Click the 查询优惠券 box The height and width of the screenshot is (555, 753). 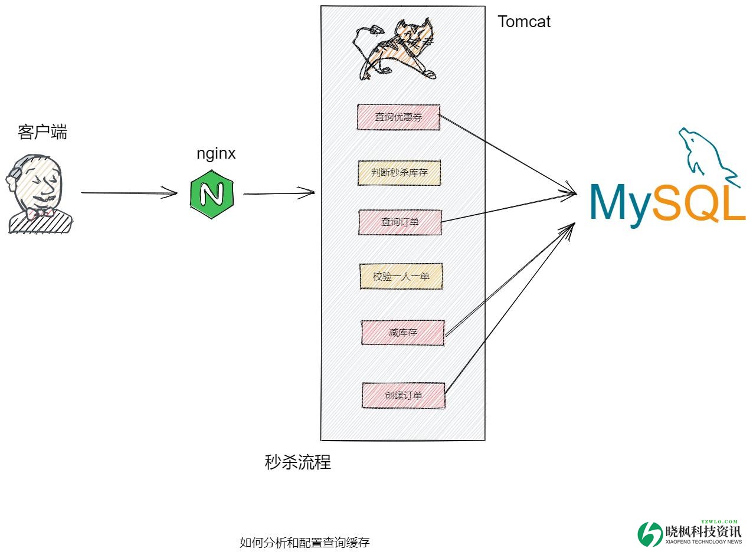point(398,117)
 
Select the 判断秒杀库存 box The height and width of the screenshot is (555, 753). point(400,173)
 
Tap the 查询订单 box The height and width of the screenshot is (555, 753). point(400,222)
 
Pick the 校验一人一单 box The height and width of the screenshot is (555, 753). point(401,276)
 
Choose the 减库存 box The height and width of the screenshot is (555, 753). point(402,333)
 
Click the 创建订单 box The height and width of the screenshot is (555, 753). point(403,395)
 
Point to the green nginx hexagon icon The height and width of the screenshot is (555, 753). point(212,193)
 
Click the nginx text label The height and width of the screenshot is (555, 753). point(216,153)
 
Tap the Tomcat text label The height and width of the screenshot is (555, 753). point(524,22)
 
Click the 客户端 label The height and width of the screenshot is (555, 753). point(42,132)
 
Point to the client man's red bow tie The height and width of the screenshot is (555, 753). point(40,213)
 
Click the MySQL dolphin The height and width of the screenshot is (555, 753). point(705,153)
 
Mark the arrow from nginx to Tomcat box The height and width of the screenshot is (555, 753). point(279,192)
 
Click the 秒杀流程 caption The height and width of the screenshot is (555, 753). point(298,462)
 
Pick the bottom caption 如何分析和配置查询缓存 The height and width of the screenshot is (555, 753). point(305,543)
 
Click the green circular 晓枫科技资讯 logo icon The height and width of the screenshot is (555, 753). point(650,534)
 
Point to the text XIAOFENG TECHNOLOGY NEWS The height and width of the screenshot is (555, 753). point(703,541)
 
